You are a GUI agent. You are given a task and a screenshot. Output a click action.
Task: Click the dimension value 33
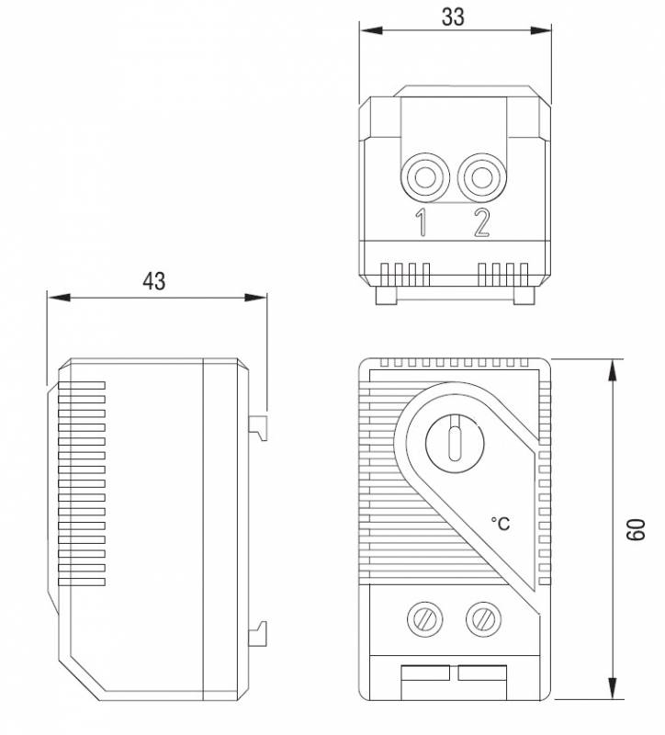point(453,17)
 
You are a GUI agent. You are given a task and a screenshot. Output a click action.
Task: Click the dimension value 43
point(154,281)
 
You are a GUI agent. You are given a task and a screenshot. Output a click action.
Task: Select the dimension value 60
point(636,530)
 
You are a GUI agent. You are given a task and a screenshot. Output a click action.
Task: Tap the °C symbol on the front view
point(500,523)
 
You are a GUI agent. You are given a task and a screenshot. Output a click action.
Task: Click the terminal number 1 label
point(422,222)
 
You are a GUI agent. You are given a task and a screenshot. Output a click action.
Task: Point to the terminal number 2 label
point(481,222)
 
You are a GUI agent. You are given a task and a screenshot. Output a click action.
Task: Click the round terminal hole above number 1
point(425,177)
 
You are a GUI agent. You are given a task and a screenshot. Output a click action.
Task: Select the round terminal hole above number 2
point(482,177)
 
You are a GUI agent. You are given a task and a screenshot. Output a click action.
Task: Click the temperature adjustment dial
point(454,444)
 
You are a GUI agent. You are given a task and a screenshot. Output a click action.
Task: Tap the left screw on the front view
point(425,619)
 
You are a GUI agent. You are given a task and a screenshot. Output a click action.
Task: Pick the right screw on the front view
point(484,619)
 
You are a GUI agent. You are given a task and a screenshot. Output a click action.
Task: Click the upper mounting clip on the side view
point(258,427)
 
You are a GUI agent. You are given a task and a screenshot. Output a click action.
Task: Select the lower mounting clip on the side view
point(258,633)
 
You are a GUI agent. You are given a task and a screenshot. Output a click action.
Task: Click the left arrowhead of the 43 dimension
point(59,297)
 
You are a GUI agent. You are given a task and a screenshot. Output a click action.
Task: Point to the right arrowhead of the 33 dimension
point(540,30)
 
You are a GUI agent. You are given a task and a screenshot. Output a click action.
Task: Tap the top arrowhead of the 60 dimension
point(612,370)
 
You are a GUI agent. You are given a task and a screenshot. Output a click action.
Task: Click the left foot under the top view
point(386,295)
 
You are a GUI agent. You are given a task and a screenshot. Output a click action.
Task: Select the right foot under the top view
point(524,295)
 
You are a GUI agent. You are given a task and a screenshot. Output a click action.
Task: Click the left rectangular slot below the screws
point(425,673)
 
